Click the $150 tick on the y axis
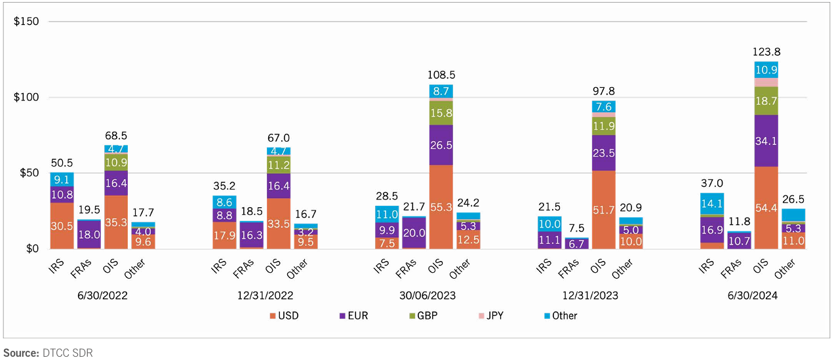[26, 22]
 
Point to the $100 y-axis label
[26, 98]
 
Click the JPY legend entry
[492, 315]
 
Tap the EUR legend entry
[352, 315]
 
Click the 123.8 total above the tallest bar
[766, 52]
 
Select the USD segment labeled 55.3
[441, 207]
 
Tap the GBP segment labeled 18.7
[766, 100]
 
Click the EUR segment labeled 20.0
[414, 233]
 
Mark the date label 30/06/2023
[427, 296]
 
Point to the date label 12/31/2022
[265, 296]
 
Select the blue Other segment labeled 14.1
[711, 203]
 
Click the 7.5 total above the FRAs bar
[576, 229]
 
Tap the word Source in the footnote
[20, 353]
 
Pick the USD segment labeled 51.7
[603, 210]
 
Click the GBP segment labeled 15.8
[441, 113]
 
